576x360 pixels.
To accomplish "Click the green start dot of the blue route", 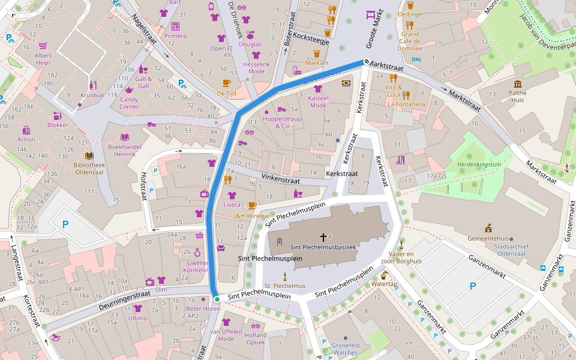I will click(217, 299).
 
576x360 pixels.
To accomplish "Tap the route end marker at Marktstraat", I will click(365, 62).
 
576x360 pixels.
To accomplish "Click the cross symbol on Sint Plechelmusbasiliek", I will click(323, 237).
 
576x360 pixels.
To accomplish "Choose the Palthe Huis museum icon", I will click(517, 84).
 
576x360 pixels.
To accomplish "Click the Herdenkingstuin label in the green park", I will click(479, 163).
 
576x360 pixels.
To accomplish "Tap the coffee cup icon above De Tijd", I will click(226, 83).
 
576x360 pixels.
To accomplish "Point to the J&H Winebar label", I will click(251, 216).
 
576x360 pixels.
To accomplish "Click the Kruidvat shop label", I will click(92, 95).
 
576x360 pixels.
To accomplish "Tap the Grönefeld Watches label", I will click(345, 349).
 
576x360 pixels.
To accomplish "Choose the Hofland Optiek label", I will click(256, 339).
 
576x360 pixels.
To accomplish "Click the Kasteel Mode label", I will click(318, 101).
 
